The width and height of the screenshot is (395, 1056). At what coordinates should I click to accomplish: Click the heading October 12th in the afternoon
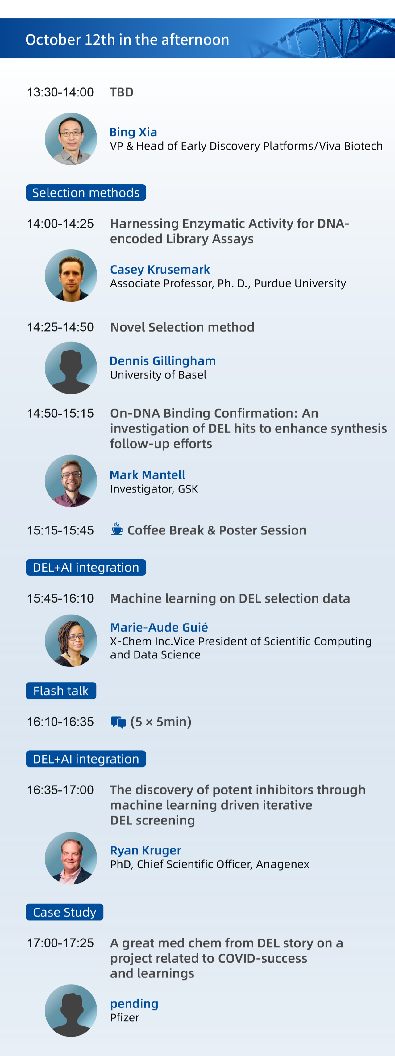[x=127, y=40]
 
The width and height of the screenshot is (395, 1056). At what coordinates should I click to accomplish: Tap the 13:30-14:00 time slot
[x=60, y=92]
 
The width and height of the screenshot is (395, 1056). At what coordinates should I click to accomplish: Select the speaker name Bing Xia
[x=133, y=132]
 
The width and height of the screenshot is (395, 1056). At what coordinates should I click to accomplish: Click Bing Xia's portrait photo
[x=71, y=139]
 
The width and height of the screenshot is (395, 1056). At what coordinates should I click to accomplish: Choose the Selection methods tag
[x=86, y=193]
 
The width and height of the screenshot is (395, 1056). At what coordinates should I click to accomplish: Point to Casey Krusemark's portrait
[x=71, y=275]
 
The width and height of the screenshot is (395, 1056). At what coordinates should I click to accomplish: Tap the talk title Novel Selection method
[x=182, y=327]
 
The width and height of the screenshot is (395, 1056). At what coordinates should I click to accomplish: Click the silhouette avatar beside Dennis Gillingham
[x=71, y=368]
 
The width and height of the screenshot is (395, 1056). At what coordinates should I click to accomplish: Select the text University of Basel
[x=158, y=375]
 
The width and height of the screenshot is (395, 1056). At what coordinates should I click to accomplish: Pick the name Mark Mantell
[x=148, y=475]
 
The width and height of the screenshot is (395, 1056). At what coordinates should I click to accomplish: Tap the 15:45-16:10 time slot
[x=60, y=598]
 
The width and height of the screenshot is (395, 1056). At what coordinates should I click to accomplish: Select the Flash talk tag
[x=61, y=691]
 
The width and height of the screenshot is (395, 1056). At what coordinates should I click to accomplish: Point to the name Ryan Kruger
[x=146, y=850]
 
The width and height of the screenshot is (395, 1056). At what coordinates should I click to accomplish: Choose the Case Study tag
[x=65, y=912]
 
